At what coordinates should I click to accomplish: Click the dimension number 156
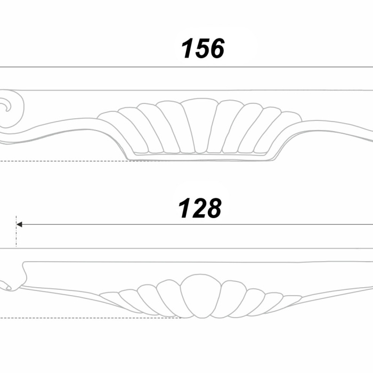point(202,48)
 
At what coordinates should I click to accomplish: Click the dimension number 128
point(200,208)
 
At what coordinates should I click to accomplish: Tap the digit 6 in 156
point(215,48)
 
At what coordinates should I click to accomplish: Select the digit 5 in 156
point(201,48)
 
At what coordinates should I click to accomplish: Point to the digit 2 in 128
point(198,208)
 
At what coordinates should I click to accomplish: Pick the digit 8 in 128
point(213,208)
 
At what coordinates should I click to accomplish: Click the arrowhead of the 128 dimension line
point(19,224)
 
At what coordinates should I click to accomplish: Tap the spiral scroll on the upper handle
point(11,108)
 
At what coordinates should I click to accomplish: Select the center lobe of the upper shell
point(200,126)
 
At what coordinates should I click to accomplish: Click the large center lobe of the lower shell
point(201,296)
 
